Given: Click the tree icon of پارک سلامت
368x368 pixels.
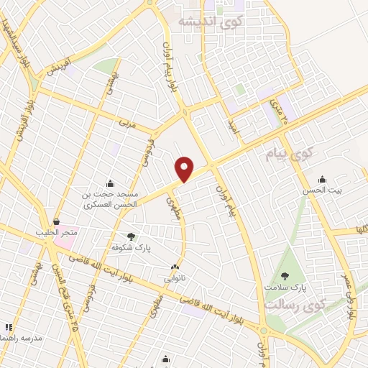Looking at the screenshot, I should coord(285,275).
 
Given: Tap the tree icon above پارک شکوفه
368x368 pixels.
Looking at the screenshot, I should coord(130,236).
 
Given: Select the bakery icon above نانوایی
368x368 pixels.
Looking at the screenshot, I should coord(175,267).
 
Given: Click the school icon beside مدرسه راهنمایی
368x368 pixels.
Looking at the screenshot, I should coord(9,326).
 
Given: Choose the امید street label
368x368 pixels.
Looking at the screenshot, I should coord(232,127).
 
